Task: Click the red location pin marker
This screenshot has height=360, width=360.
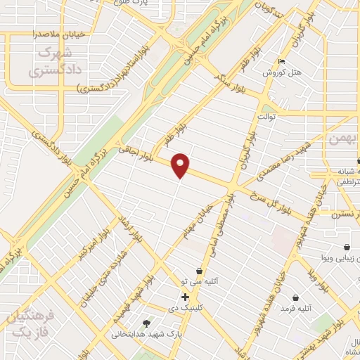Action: (181, 165)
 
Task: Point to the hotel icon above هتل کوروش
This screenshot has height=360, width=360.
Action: (282, 61)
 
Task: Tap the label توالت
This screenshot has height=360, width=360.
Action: (269, 115)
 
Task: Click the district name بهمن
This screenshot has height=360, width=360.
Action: (343, 140)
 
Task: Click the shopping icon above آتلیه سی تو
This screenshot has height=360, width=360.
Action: (200, 271)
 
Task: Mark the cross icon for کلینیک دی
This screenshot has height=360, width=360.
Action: (185, 297)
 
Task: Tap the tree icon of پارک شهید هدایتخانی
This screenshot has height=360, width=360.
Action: (146, 323)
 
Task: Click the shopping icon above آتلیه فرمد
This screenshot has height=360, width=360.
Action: (295, 297)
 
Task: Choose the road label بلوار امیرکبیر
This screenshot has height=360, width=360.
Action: (94, 243)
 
